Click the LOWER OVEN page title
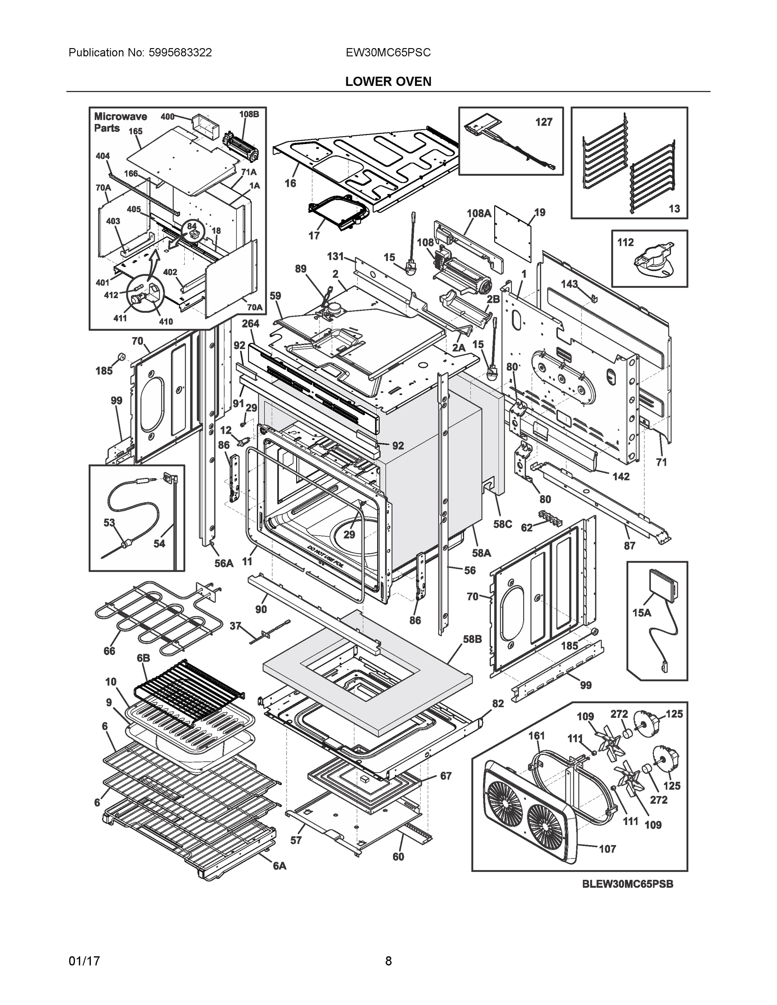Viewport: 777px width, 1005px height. point(388,82)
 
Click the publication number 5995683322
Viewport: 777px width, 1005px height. point(180,52)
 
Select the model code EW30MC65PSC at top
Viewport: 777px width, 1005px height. point(388,52)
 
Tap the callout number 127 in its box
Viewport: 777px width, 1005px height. point(543,122)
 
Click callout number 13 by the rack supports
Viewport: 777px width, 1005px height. point(674,209)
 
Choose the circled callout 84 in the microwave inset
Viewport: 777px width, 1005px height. point(191,226)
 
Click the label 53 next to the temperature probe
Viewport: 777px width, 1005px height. point(109,523)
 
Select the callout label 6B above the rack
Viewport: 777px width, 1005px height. point(143,659)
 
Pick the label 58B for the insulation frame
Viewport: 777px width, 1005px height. point(472,639)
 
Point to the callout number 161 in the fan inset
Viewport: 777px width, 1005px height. point(536,735)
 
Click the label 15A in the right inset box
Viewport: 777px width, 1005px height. point(642,613)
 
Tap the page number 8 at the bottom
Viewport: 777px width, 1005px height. point(388,961)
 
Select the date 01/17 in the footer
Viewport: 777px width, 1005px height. point(84,961)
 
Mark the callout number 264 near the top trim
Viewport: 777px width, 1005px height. point(250,324)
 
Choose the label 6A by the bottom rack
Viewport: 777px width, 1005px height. point(279,866)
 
